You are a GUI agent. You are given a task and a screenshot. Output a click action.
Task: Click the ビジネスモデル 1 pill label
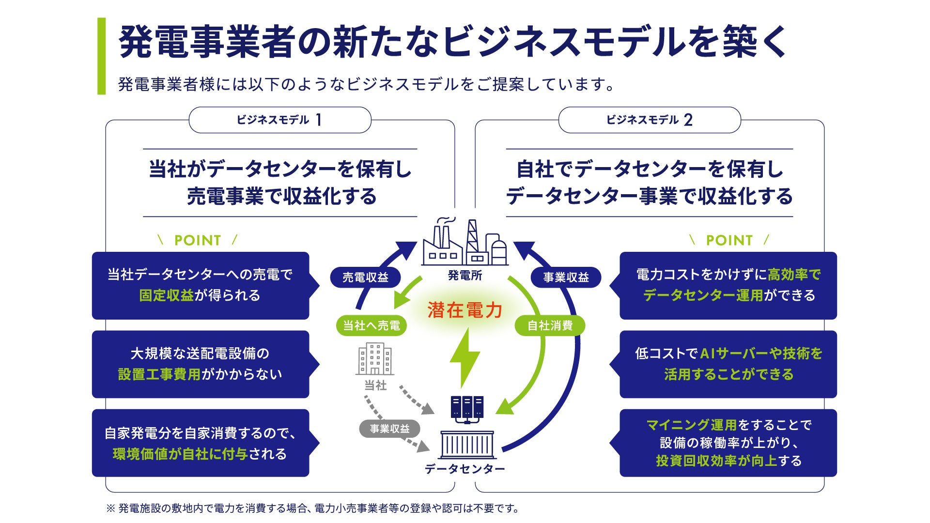point(279,120)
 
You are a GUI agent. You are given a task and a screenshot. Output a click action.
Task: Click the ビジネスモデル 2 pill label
point(649,120)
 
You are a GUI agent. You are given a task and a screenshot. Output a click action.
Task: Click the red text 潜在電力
point(465,310)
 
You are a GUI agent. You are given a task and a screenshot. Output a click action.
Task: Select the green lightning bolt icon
point(465,357)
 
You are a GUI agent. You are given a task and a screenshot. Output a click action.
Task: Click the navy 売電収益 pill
point(365,277)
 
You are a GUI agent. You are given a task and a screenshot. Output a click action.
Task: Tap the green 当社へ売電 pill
point(371,325)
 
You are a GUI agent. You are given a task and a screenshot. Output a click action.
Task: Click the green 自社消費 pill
point(550,325)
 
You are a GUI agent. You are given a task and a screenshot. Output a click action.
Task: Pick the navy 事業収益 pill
point(566,277)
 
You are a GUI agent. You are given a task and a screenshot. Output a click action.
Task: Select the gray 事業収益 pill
point(389,429)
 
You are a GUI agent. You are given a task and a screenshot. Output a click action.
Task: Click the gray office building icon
point(374,359)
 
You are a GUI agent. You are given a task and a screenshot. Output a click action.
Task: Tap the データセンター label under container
point(465,469)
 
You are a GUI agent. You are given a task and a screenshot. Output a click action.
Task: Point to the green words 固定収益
point(166,295)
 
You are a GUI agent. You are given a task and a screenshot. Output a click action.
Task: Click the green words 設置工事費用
point(159,374)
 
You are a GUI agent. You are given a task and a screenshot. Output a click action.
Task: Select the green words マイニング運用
point(691,425)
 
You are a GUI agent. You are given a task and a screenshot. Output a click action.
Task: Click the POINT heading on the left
point(198,240)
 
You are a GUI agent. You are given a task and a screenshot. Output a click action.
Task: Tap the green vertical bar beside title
point(101,56)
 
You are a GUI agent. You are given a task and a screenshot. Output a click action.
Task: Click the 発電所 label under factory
point(465,276)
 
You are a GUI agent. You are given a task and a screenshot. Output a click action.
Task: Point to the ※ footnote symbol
point(110,508)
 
